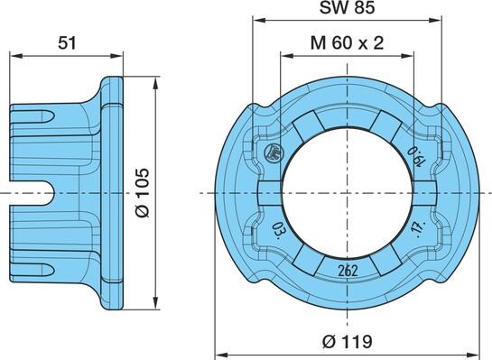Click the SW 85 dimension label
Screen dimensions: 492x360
(x=347, y=7)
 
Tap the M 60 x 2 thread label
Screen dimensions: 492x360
(x=347, y=42)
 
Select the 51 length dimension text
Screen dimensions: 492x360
(x=67, y=42)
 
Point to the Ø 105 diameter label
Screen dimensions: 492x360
(x=143, y=193)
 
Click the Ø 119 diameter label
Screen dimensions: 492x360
(x=348, y=341)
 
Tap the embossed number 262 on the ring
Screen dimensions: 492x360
(x=348, y=271)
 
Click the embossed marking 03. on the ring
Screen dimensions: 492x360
(x=279, y=230)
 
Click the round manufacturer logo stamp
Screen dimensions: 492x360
(x=274, y=152)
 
